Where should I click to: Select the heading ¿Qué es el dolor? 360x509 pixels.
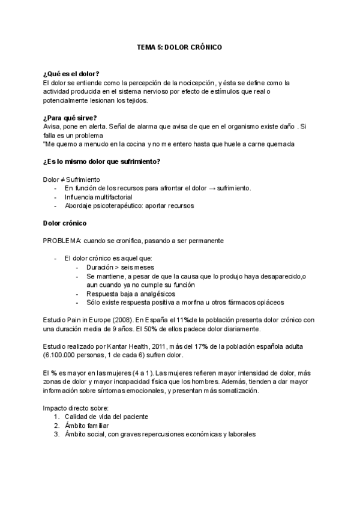click(71, 73)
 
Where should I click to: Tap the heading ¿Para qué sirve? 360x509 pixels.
click(70, 118)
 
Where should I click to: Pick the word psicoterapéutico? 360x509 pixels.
click(119, 206)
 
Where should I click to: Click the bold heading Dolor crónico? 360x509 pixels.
click(65, 223)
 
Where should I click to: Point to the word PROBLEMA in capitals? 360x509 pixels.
click(62, 241)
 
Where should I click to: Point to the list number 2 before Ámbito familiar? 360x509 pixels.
click(56, 425)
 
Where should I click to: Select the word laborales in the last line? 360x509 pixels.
click(239, 434)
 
